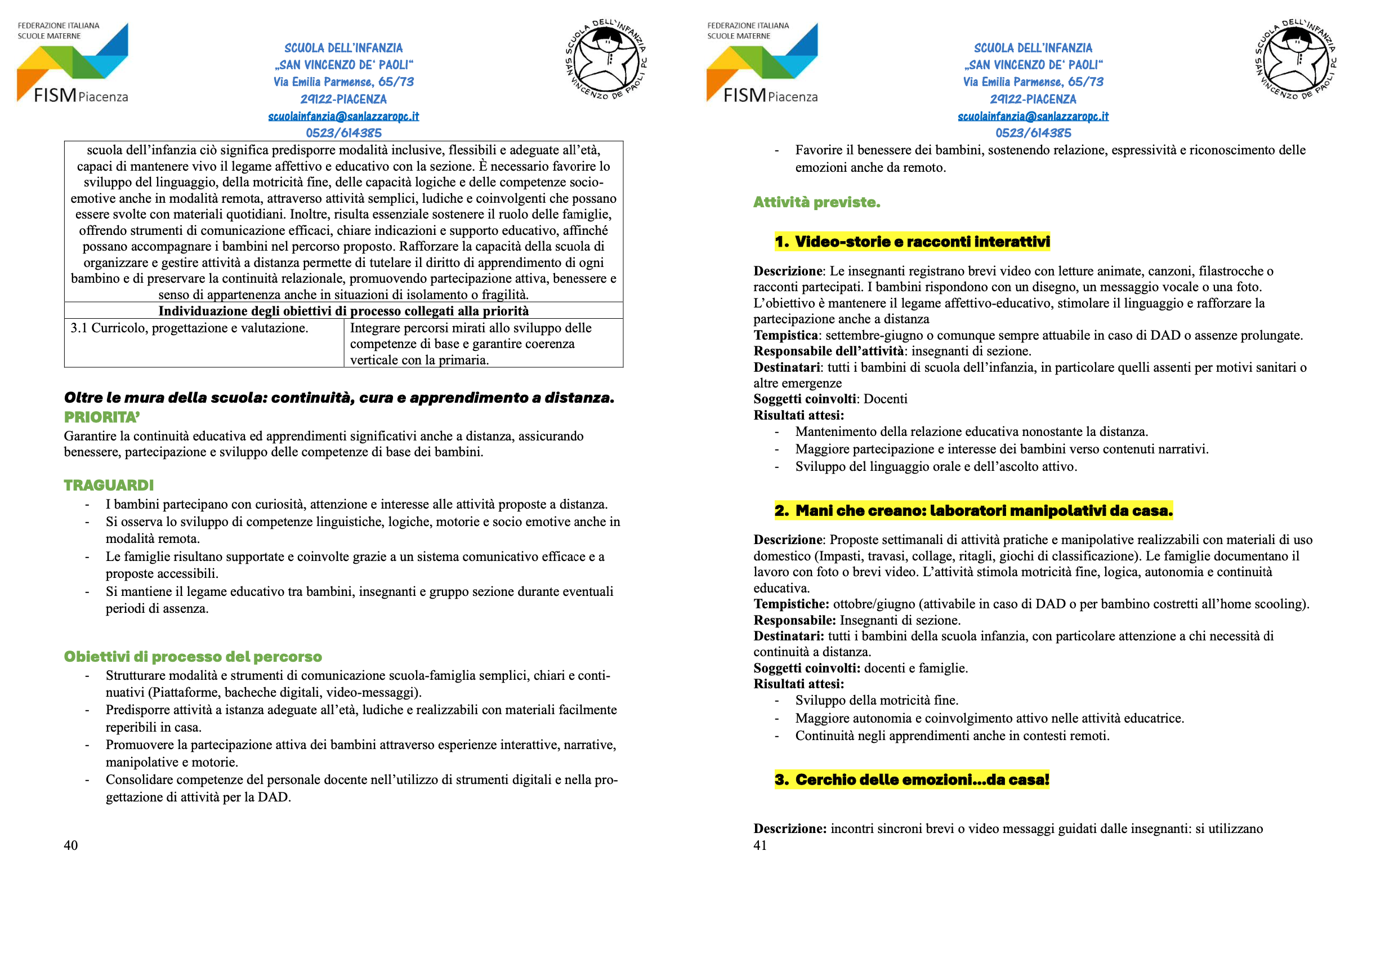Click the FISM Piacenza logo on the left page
(x=73, y=63)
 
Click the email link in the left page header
(x=343, y=116)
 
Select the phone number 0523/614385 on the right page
(x=1033, y=133)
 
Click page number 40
(x=71, y=845)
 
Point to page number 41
(x=760, y=845)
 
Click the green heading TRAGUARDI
(x=109, y=485)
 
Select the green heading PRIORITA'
(x=102, y=417)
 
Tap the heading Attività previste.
(x=816, y=203)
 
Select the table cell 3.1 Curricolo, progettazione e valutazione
(x=189, y=328)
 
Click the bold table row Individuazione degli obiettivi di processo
(x=343, y=310)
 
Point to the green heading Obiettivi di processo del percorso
(x=193, y=657)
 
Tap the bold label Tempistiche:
(x=791, y=604)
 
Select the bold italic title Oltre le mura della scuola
(x=339, y=398)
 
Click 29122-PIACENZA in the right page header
(x=1033, y=99)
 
